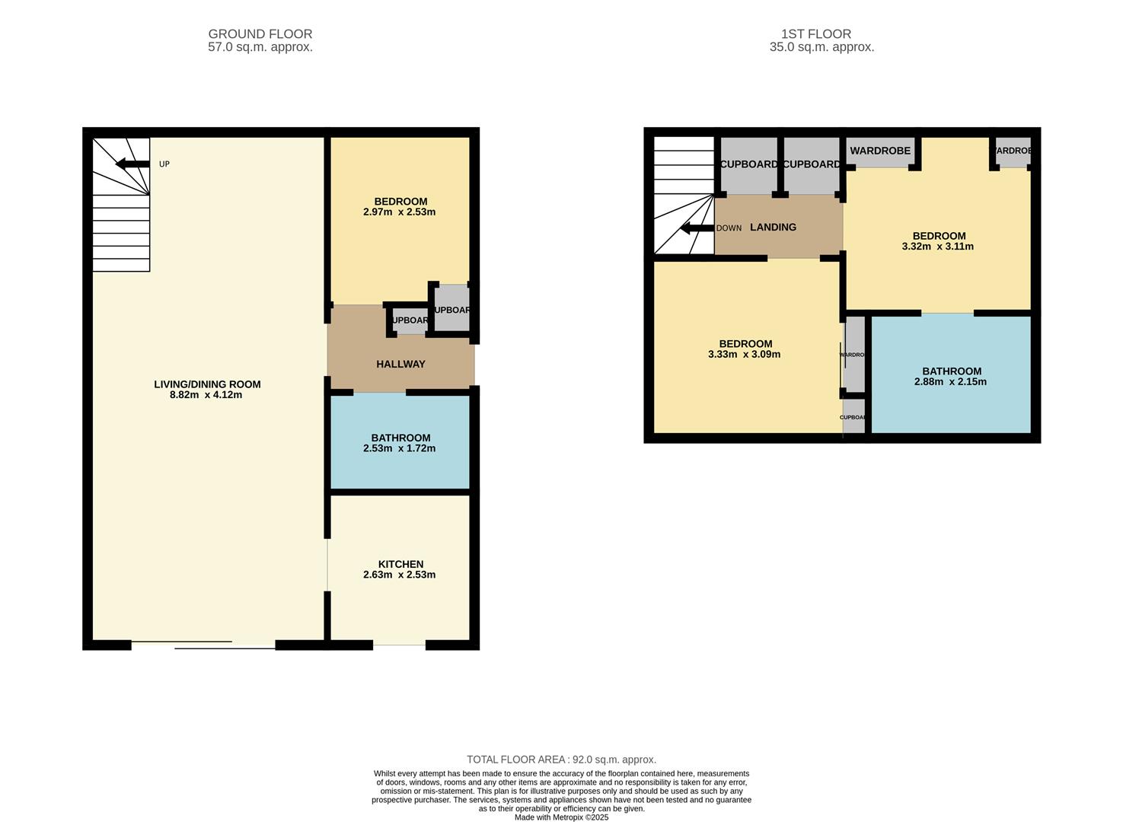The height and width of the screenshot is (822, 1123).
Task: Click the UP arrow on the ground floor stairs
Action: pyautogui.click(x=132, y=164)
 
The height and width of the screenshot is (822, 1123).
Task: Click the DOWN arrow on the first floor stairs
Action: pyautogui.click(x=696, y=228)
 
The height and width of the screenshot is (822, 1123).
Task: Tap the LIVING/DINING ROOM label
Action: pyautogui.click(x=207, y=384)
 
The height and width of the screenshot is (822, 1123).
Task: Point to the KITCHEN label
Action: pyautogui.click(x=400, y=564)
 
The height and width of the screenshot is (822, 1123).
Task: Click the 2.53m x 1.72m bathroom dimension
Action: pyautogui.click(x=399, y=448)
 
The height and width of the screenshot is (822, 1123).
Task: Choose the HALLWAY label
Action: pyautogui.click(x=400, y=364)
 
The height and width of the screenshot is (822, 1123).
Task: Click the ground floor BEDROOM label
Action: pyautogui.click(x=400, y=202)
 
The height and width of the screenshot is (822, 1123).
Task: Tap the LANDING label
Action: pyautogui.click(x=773, y=227)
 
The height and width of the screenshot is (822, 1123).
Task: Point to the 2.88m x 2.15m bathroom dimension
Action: pyautogui.click(x=950, y=382)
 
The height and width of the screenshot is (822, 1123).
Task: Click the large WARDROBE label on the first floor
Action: pyautogui.click(x=880, y=151)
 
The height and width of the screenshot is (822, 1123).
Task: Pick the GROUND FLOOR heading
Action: pyautogui.click(x=260, y=34)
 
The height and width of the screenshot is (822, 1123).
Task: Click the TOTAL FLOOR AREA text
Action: pyautogui.click(x=561, y=760)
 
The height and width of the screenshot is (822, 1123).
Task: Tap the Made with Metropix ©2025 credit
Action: pyautogui.click(x=561, y=817)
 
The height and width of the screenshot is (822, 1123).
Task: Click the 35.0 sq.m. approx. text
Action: pyautogui.click(x=822, y=47)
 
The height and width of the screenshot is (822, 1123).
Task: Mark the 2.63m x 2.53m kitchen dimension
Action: pyautogui.click(x=399, y=575)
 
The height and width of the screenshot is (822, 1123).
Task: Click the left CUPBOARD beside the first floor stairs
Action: pyautogui.click(x=748, y=164)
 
